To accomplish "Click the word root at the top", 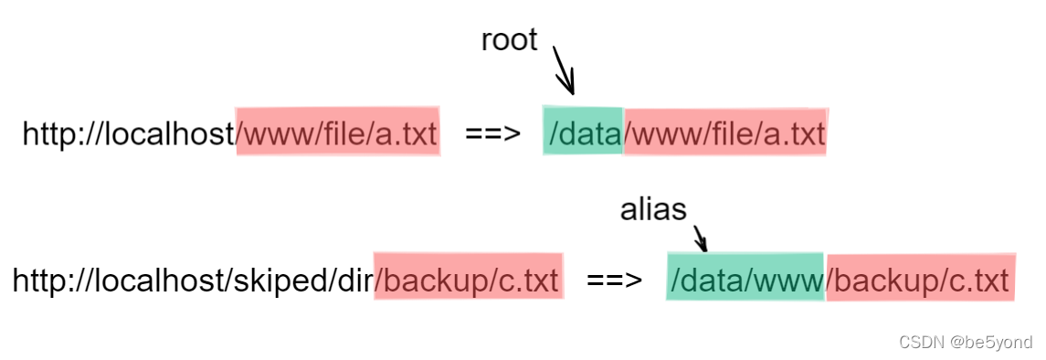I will point(509,40).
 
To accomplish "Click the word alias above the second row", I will point(653,210).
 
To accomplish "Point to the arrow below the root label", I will point(564,71).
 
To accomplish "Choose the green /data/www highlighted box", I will point(745,276).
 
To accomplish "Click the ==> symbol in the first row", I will point(492,134).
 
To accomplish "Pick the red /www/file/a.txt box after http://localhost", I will point(337,134).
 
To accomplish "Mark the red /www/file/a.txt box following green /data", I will point(725,134).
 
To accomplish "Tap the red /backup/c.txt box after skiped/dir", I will point(469,280).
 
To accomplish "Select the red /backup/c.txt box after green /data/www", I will point(921,280).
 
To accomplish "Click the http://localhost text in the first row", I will point(129,134).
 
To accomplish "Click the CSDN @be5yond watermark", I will point(966,343).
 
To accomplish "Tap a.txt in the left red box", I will point(407,134).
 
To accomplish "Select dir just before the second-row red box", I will point(353,280).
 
